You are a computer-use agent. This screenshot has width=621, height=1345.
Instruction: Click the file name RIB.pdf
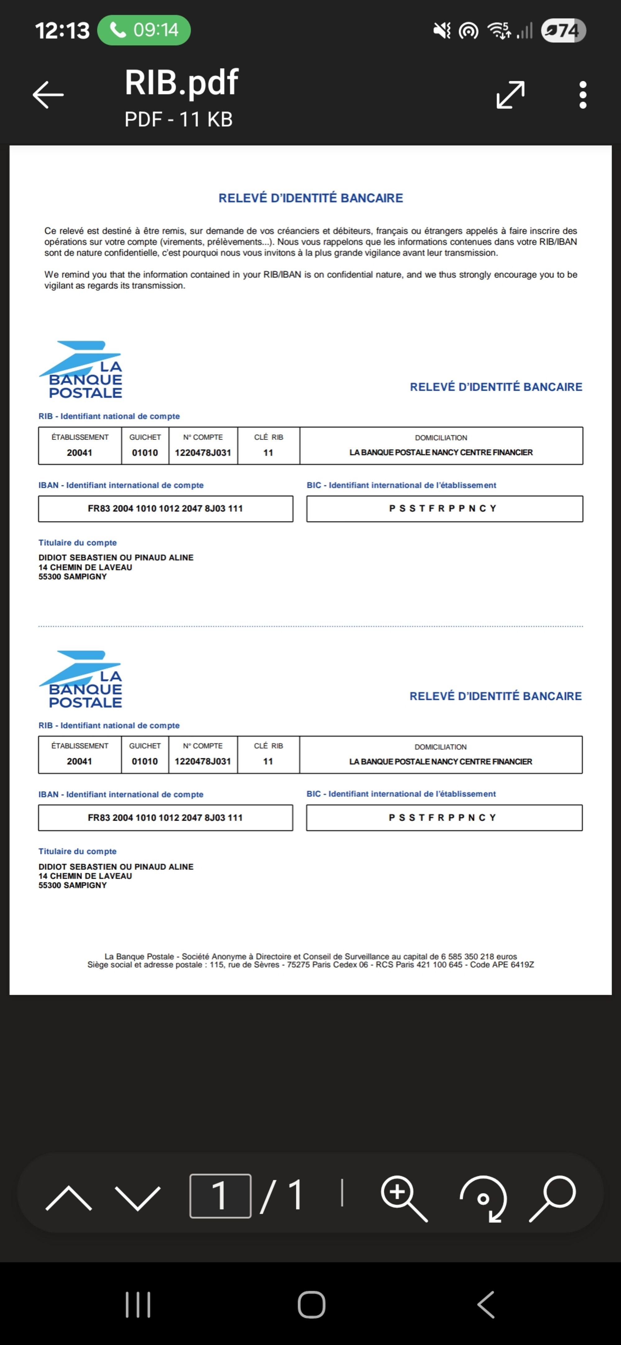(x=181, y=83)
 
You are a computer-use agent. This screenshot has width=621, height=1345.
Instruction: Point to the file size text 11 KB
(x=206, y=120)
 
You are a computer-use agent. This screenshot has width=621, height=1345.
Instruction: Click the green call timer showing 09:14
(x=144, y=30)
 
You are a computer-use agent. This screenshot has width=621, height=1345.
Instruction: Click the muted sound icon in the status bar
(x=442, y=30)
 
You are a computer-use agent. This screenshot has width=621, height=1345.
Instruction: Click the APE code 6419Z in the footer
(x=522, y=964)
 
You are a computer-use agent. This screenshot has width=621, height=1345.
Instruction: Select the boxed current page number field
(x=220, y=1196)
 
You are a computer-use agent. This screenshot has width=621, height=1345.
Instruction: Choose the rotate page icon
(x=483, y=1198)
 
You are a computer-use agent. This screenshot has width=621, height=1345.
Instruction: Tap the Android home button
(x=311, y=1305)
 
